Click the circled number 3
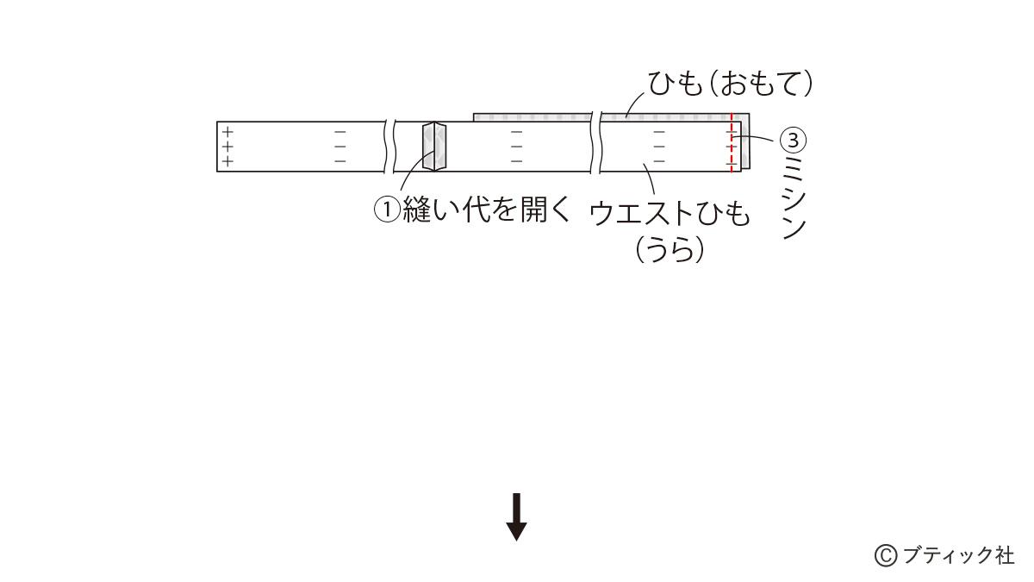click(794, 140)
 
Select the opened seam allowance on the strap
click(435, 147)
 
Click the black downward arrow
click(516, 516)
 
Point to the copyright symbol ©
click(886, 555)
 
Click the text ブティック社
click(957, 555)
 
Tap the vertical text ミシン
click(794, 197)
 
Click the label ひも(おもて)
click(730, 84)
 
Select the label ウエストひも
click(670, 213)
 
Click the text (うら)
click(670, 250)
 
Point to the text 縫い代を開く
click(487, 210)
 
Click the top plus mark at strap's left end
click(227, 133)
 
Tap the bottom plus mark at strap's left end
click(227, 161)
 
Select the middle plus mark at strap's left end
click(227, 147)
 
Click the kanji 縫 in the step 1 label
click(417, 210)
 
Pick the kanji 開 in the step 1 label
click(533, 210)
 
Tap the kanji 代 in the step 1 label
click(477, 210)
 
